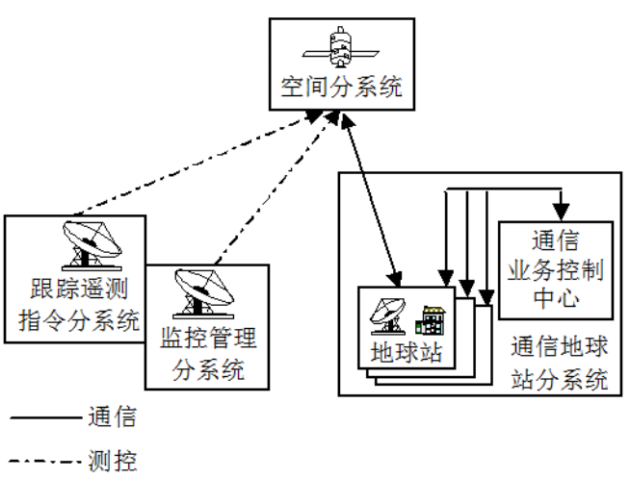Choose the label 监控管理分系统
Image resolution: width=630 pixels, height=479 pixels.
coord(207,353)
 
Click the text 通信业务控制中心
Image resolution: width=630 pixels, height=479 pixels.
coord(554,269)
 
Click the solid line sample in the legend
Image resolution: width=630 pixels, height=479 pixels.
coord(43,418)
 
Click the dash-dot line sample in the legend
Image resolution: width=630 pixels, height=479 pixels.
coord(43,461)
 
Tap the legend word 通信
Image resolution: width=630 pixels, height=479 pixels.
coord(112,418)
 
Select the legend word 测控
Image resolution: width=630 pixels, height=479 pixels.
coord(112,461)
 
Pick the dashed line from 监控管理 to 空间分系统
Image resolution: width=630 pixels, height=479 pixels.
coord(275,188)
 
